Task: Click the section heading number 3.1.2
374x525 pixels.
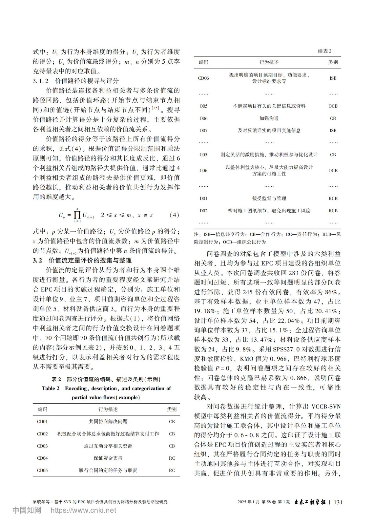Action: point(41,81)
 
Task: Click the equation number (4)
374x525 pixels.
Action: point(174,215)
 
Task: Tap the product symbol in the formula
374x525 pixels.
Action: point(77,215)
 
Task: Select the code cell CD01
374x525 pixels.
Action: point(42,421)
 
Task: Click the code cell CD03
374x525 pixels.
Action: point(42,446)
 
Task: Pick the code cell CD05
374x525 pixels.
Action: point(42,470)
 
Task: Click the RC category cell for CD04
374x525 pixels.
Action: point(172,458)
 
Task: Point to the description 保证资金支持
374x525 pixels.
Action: point(108,458)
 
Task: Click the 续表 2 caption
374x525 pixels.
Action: point(324,51)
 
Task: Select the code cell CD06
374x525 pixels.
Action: point(203,78)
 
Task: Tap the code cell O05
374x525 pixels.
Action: point(203,106)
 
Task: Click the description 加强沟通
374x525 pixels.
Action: point(269,118)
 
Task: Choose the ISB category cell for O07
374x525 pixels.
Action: point(333,130)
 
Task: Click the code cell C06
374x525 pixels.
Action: point(203,170)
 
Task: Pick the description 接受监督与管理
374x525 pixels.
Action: point(269,198)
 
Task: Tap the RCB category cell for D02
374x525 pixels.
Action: point(333,211)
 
